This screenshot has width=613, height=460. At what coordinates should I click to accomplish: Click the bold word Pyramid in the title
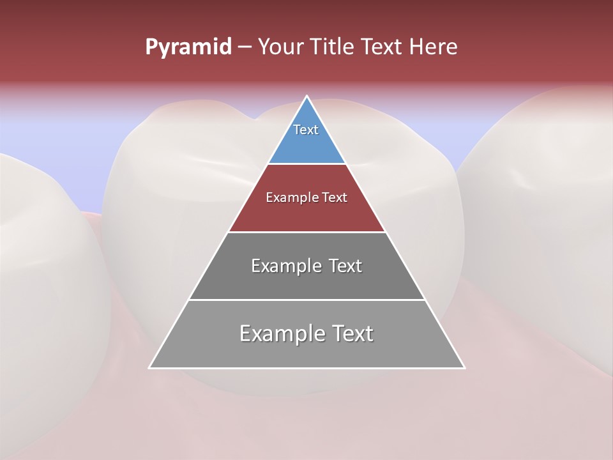pyautogui.click(x=188, y=47)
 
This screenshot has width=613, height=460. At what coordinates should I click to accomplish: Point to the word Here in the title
pyautogui.click(x=434, y=47)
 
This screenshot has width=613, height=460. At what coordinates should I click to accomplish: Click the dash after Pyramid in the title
pyautogui.click(x=244, y=47)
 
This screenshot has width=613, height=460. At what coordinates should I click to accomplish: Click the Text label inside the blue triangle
pyautogui.click(x=306, y=130)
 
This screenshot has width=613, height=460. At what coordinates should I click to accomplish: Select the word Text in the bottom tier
pyautogui.click(x=352, y=333)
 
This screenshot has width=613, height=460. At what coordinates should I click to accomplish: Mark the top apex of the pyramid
pyautogui.click(x=307, y=96)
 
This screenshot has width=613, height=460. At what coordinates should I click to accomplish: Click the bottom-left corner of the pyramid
pyautogui.click(x=149, y=368)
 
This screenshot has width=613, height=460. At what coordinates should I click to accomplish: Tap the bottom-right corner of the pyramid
pyautogui.click(x=464, y=368)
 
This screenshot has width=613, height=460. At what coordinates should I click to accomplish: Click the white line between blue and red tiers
pyautogui.click(x=307, y=164)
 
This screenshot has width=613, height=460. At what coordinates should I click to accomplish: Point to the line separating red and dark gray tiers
pyautogui.click(x=307, y=232)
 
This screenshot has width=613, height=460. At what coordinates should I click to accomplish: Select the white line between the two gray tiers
pyautogui.click(x=307, y=300)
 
